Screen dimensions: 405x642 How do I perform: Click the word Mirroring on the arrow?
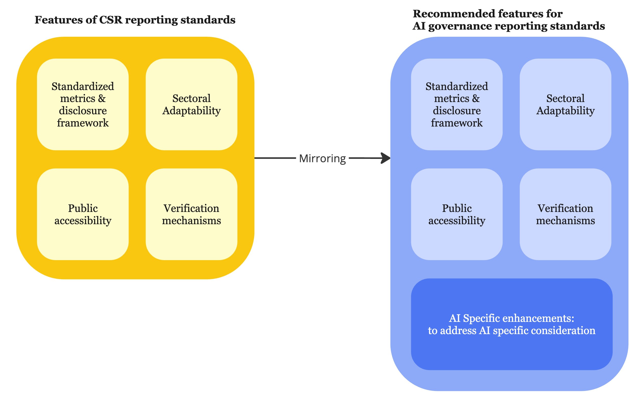[322, 158]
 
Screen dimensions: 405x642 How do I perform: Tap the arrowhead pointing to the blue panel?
[386, 158]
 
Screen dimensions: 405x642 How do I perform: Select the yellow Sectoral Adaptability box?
[192, 104]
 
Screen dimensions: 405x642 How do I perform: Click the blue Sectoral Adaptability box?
[565, 104]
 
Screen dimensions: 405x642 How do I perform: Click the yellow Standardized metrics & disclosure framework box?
[83, 104]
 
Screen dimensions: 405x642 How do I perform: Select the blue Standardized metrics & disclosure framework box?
[457, 104]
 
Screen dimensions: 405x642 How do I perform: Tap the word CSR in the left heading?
[110, 20]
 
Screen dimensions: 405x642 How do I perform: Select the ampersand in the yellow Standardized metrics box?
[102, 99]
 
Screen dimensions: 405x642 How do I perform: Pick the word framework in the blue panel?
[457, 123]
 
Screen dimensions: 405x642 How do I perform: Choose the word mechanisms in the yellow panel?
[192, 221]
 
